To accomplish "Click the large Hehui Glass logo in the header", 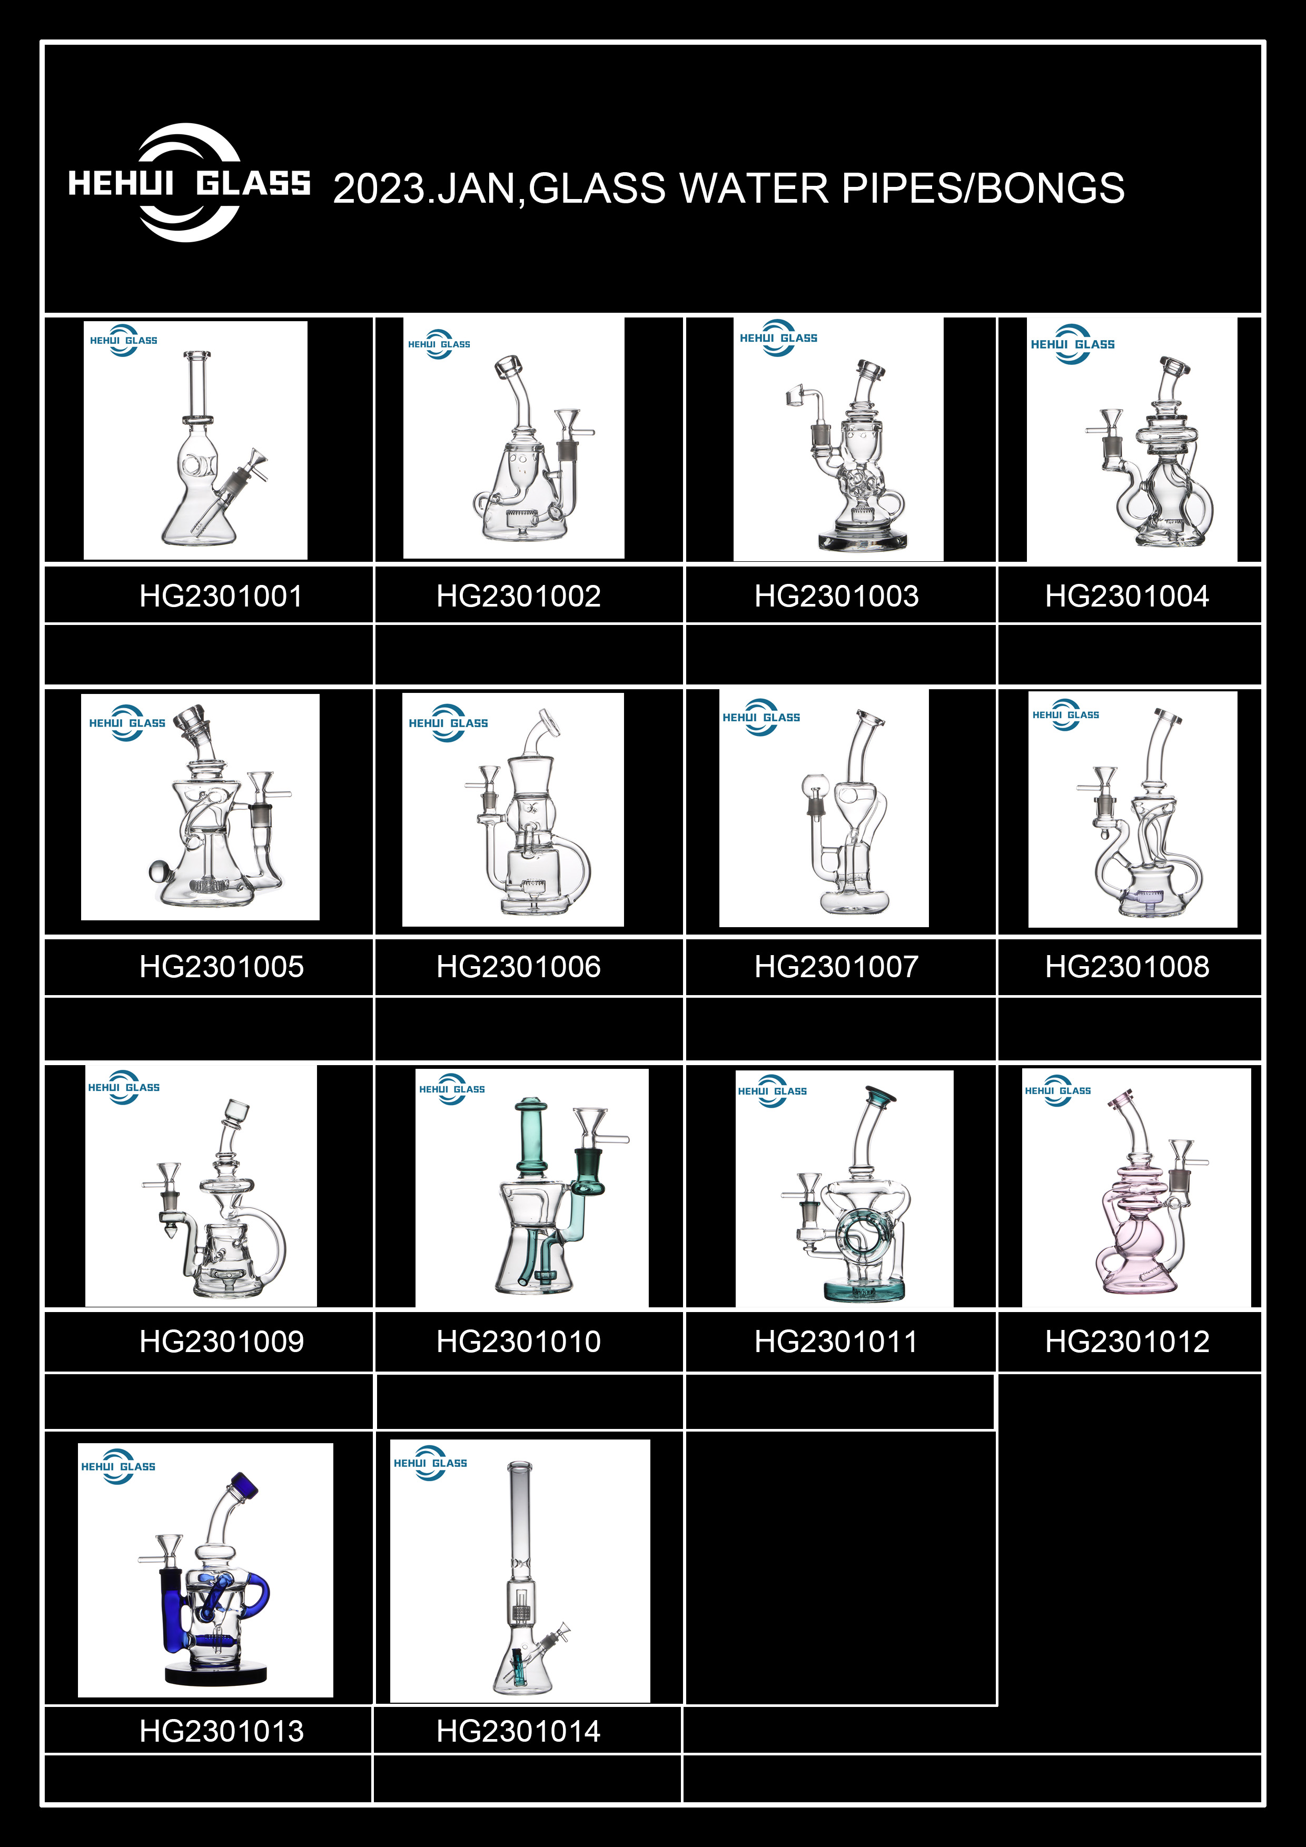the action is [189, 183].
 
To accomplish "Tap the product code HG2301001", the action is [221, 596].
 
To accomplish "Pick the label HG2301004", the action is [1126, 596].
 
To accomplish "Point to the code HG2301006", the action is [518, 966].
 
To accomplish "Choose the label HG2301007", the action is [836, 966].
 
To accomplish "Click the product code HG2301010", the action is [518, 1341].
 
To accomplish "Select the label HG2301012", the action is [1126, 1341].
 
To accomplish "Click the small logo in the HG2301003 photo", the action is [778, 338].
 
